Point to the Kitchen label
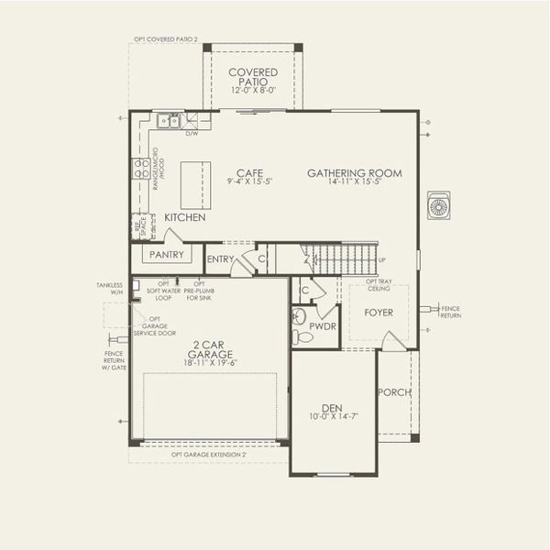[x=184, y=218]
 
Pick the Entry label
[x=220, y=259]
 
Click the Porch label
[x=394, y=392]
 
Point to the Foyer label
[x=379, y=313]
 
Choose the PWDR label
[x=323, y=325]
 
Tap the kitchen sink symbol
[x=168, y=120]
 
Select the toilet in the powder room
[x=302, y=337]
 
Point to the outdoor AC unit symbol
[x=439, y=205]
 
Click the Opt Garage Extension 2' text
[x=209, y=454]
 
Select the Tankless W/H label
[x=109, y=289]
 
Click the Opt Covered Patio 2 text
[x=166, y=40]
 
